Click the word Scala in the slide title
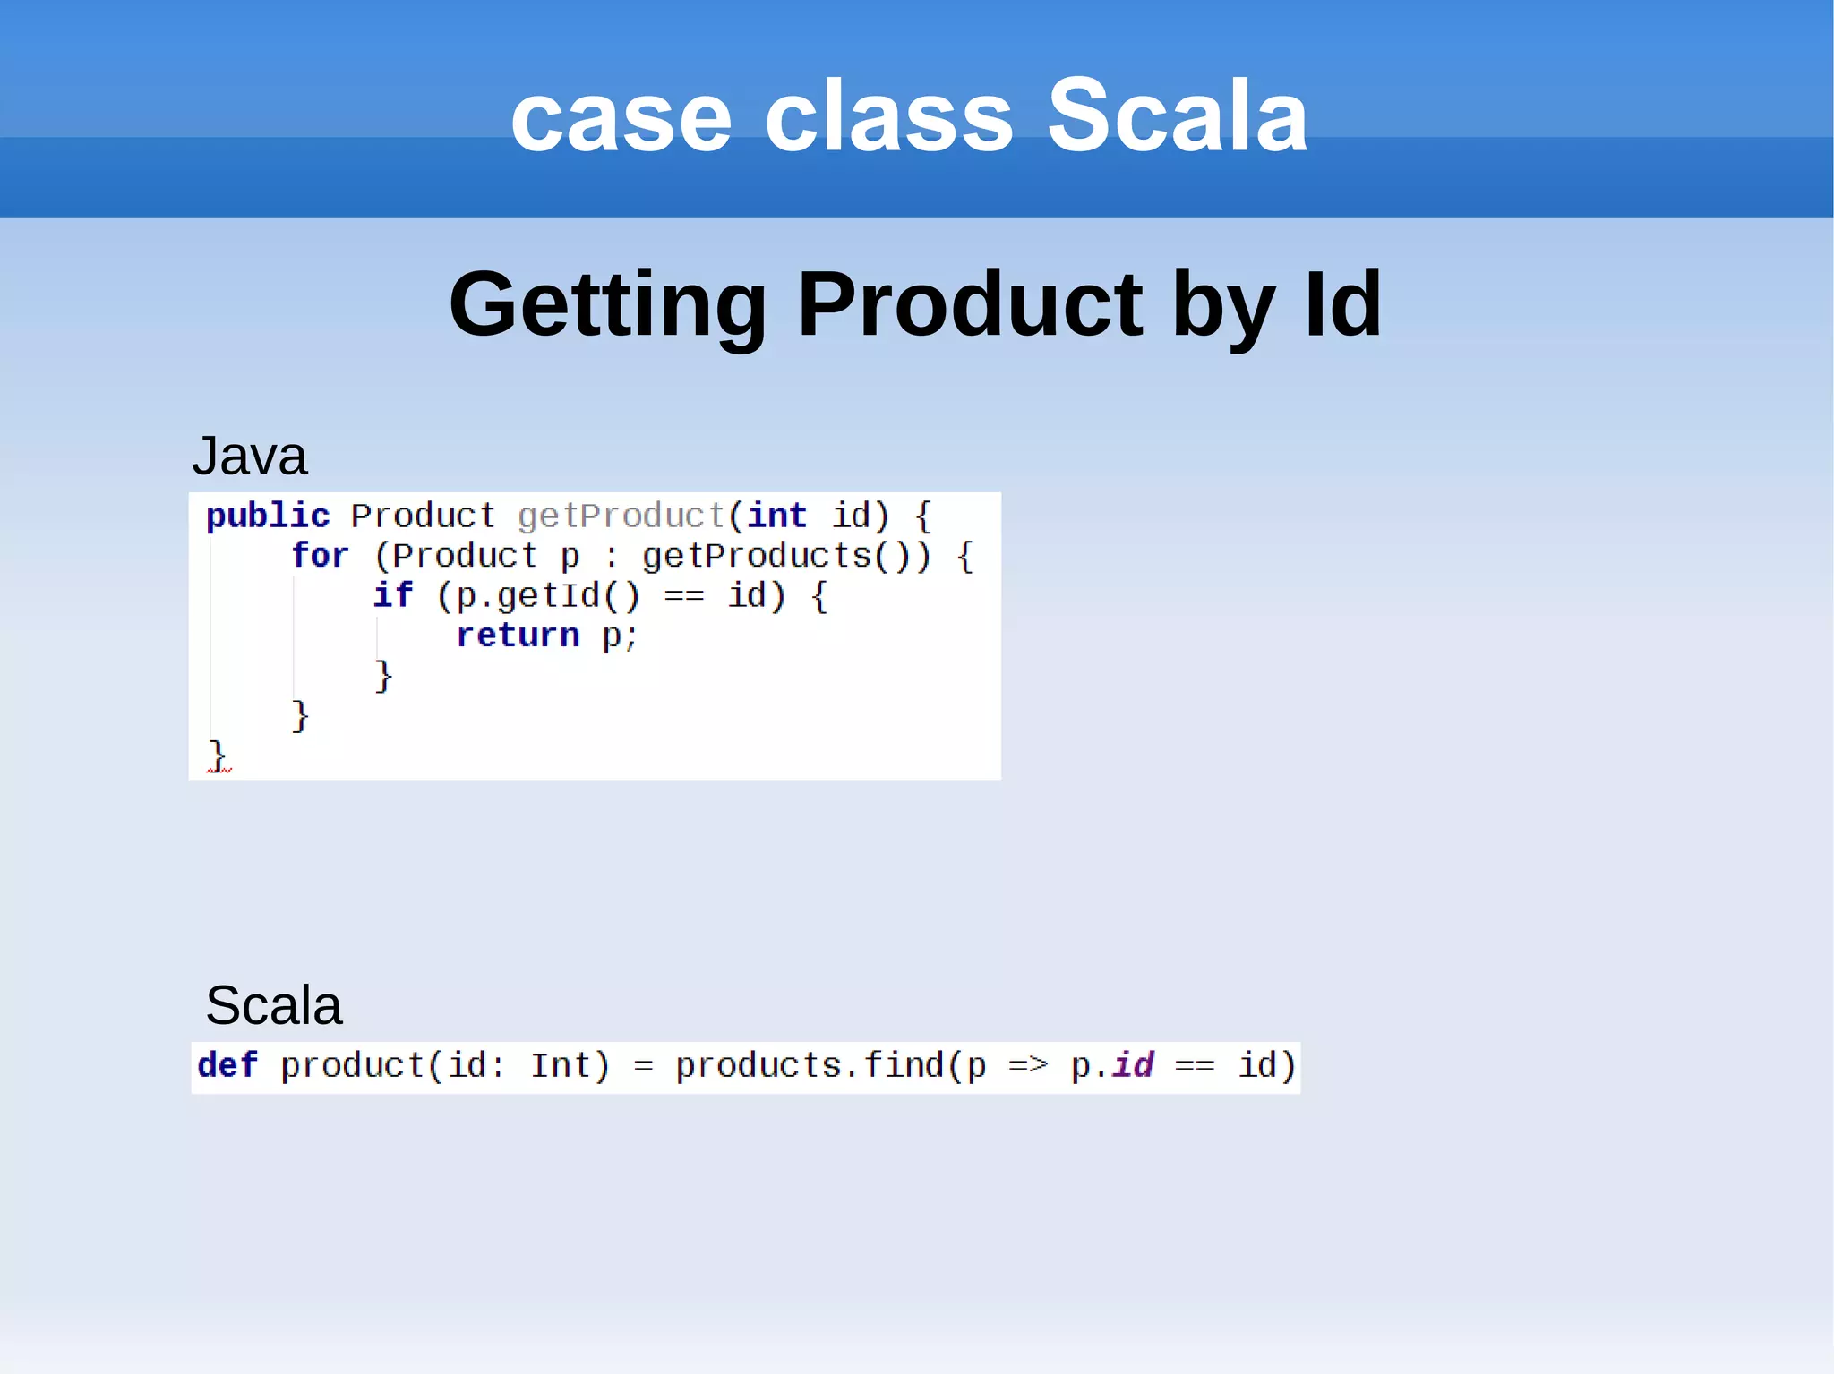click(1177, 116)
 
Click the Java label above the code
click(249, 456)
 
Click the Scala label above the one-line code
click(273, 1004)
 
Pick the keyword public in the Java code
click(268, 516)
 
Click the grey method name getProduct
click(621, 516)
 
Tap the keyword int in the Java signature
click(776, 516)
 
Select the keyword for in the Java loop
click(320, 556)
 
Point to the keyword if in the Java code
click(392, 595)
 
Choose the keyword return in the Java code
click(518, 636)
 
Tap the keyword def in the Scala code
click(227, 1065)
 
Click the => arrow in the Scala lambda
click(1027, 1066)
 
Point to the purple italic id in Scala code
click(1133, 1065)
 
